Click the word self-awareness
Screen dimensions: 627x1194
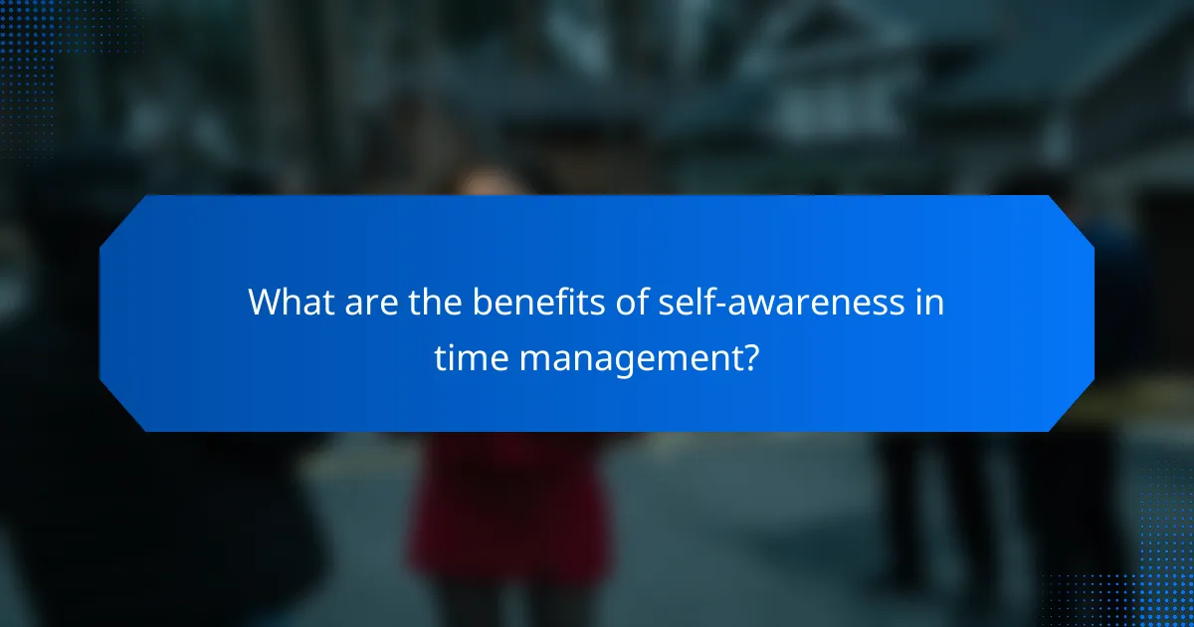coord(774,302)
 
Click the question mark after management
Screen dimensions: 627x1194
coord(751,357)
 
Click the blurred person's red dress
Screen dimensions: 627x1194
coord(508,508)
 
